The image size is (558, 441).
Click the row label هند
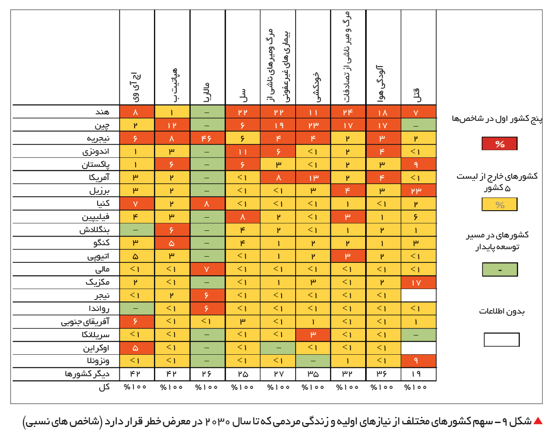coord(102,112)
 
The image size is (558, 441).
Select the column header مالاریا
coord(207,92)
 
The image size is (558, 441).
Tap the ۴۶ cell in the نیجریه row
coord(207,138)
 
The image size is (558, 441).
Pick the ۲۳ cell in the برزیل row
coord(418,191)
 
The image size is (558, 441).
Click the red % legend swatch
coord(499,144)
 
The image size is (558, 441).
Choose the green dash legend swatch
coord(500,269)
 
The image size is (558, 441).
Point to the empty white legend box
coord(502,339)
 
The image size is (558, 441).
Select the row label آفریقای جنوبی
coord(85,322)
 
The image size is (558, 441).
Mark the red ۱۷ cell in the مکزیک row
coord(418,282)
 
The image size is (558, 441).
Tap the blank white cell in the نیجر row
coord(418,295)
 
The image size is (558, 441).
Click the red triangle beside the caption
coord(538,421)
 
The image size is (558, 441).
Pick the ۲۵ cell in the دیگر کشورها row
coord(243,374)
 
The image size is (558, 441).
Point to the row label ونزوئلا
coord(98,361)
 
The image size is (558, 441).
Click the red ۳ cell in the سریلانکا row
coord(313,335)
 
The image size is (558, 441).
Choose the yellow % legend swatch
coord(499,205)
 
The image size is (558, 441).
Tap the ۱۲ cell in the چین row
coord(172,125)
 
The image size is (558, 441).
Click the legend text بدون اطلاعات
coord(502,311)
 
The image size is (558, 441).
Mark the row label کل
coord(104,387)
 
